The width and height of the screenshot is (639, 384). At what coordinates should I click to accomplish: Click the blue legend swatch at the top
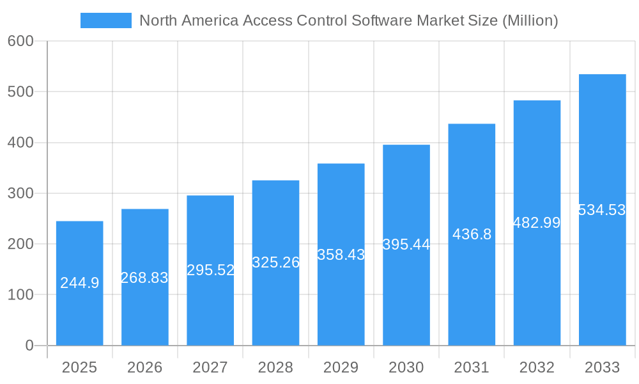pos(105,20)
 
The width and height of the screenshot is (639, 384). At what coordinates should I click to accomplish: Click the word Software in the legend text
pos(381,20)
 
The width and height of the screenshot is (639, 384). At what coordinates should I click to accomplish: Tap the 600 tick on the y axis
pos(20,41)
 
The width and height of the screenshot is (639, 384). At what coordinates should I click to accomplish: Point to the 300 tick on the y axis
pos(20,193)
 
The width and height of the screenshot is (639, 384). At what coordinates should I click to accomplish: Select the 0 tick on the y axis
pos(29,346)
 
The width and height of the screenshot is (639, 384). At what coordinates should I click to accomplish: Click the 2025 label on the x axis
pos(79,367)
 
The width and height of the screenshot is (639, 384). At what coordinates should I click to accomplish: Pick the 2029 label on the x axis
pos(341,367)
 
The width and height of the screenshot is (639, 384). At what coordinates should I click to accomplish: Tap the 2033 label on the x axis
pos(602,367)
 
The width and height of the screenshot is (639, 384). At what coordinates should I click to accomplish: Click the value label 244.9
pos(79,283)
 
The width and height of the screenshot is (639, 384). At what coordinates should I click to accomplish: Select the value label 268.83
pos(144,278)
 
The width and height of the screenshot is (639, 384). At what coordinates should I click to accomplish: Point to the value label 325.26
pos(275,262)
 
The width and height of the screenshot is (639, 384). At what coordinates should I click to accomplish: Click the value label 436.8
pos(472,234)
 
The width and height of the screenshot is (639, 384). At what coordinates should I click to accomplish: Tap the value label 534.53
pos(602,210)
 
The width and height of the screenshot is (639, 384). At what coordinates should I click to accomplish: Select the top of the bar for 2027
pos(210,196)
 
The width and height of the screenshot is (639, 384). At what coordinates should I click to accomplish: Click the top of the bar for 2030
pos(406,145)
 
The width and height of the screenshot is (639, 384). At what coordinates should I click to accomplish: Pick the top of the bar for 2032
pos(537,101)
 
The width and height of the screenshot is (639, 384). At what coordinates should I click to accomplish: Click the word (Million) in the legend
pos(530,20)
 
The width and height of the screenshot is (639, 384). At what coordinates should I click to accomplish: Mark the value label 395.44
pos(406,244)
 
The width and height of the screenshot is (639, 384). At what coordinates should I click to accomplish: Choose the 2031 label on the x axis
pos(472,367)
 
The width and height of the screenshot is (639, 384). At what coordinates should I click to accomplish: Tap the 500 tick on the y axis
pos(20,92)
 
